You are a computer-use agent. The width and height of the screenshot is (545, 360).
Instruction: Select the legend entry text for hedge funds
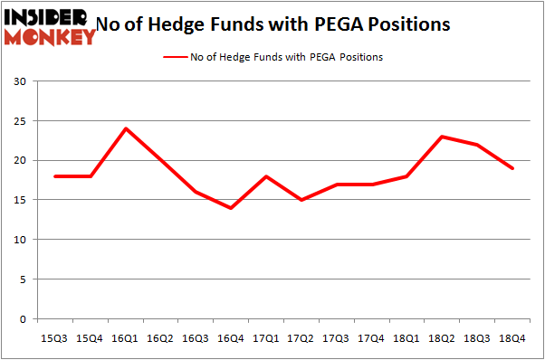click(x=286, y=57)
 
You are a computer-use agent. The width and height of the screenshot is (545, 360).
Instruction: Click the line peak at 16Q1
click(x=126, y=128)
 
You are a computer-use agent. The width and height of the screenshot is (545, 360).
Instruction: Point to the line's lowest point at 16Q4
click(x=230, y=208)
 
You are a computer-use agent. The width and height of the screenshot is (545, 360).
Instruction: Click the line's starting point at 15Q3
click(x=56, y=176)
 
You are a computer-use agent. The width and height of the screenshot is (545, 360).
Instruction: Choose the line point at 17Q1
click(x=265, y=176)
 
